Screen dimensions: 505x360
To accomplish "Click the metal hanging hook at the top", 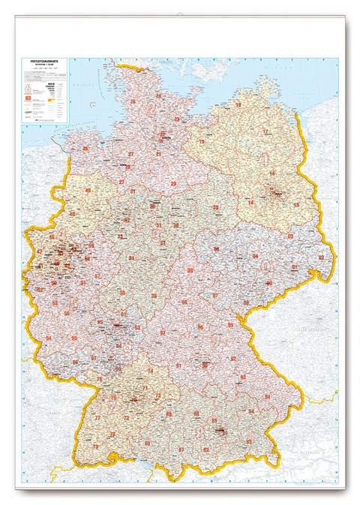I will pos(180,15).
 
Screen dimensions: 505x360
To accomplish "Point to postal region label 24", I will pos(158,96).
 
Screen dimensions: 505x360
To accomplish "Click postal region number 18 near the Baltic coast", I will pos(238,105).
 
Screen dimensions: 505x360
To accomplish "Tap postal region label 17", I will pos(265,131).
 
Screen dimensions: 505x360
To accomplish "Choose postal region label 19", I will pos(202,141).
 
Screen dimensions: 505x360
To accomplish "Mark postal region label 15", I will pos(296,204).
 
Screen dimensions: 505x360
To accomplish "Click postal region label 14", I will pos(251,203).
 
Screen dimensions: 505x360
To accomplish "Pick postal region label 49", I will pos(88,191).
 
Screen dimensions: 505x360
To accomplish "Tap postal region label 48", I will pos(73,214).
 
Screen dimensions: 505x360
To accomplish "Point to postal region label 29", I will pos(173,183).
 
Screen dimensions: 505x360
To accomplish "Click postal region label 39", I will pos(215,207).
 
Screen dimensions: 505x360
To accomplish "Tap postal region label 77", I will pos(97,417).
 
